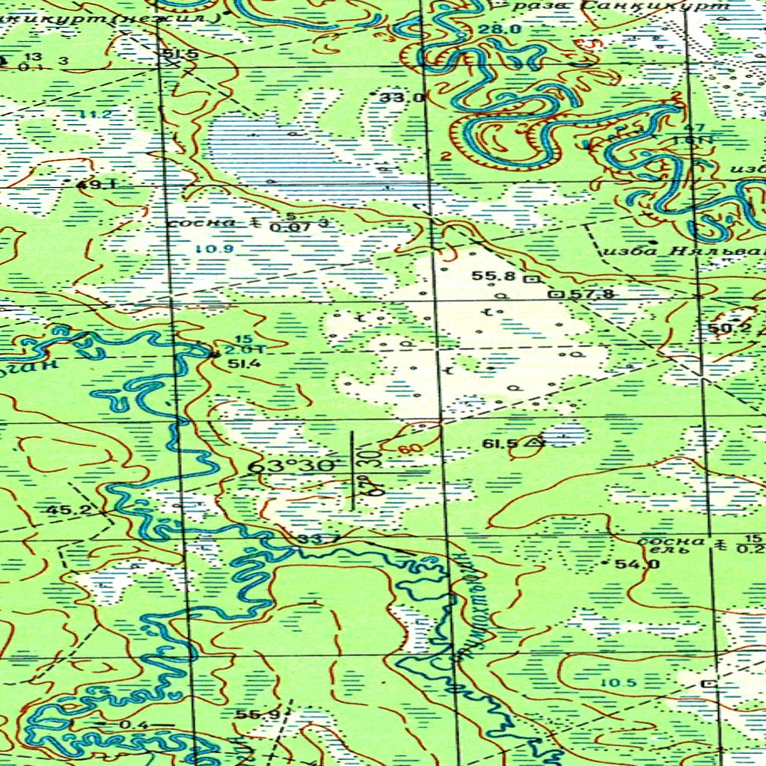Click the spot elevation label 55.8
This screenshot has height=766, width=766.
coord(494,276)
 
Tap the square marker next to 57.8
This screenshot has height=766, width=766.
coord(556,294)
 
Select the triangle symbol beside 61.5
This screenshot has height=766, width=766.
coord(535,442)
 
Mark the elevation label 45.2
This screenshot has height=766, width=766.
coord(67,511)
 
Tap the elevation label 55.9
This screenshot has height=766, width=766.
coord(257,714)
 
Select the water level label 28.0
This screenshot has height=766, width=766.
coord(500,29)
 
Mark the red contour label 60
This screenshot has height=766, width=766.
coord(409,450)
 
